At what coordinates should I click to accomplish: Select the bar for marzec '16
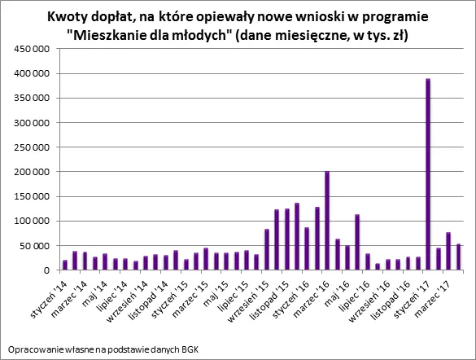point(326,221)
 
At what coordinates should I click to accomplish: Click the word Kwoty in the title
point(91,17)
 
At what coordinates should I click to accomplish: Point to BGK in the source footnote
point(189,349)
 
